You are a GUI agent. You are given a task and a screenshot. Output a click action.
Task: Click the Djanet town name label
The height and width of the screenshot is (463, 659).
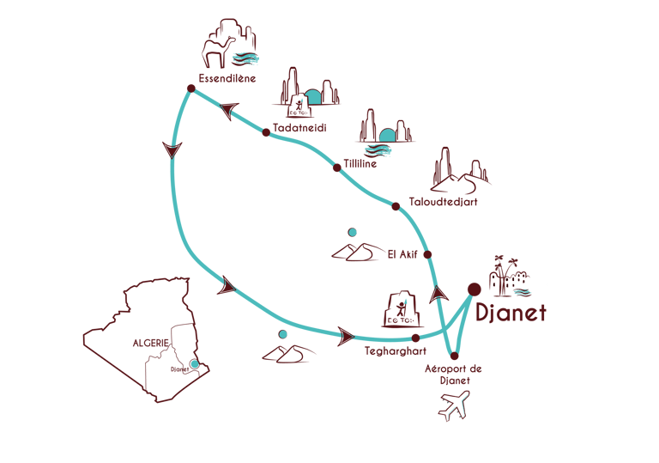[x=511, y=313]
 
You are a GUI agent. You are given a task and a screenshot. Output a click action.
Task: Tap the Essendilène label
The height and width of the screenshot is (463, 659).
[x=227, y=81]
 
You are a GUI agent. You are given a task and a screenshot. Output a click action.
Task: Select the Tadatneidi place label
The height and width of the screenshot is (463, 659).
[x=299, y=129]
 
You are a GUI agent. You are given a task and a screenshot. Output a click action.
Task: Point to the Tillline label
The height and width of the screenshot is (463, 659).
[x=360, y=163]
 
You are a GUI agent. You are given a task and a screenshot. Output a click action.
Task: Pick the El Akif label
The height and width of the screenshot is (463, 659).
[x=403, y=253]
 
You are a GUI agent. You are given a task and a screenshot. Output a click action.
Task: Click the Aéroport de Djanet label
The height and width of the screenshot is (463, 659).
[x=454, y=374]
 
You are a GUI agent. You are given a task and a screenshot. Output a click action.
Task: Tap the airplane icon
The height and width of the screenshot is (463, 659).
[x=455, y=405]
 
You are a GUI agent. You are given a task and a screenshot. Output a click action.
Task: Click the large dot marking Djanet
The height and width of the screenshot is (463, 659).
[x=473, y=289]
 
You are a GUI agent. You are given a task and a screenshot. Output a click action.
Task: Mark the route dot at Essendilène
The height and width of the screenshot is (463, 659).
[x=190, y=87]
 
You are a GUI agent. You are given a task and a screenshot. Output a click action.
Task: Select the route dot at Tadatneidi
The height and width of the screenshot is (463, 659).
[x=266, y=132]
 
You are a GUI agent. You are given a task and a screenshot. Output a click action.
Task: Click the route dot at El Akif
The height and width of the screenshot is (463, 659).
[x=427, y=253]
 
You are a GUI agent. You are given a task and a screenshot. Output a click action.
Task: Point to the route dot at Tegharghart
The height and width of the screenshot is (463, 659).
[x=415, y=338]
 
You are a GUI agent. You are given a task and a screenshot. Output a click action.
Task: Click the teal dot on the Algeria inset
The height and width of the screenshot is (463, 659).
[x=195, y=365]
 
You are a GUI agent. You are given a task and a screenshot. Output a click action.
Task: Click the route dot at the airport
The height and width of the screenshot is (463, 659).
[x=454, y=356]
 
